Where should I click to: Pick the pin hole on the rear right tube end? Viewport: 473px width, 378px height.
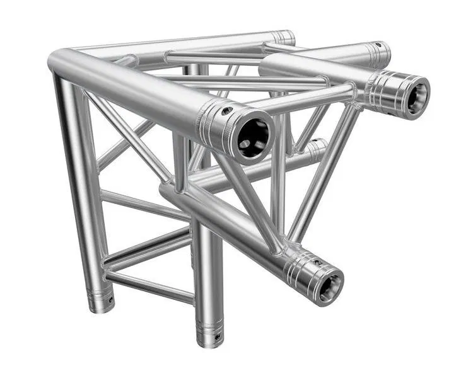point(378,46)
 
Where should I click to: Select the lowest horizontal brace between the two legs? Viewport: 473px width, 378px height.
point(149,287)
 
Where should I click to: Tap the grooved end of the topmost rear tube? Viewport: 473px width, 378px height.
point(284,37)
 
